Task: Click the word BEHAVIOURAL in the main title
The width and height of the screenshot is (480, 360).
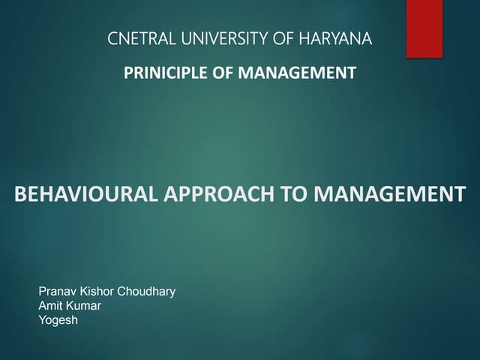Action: coord(84,195)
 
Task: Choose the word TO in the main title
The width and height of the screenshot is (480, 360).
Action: coord(295,195)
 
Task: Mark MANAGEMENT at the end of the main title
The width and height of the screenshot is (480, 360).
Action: coord(390,195)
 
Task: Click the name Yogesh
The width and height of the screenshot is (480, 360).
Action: coord(58,321)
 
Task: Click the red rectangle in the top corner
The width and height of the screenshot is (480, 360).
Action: coord(424,28)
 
